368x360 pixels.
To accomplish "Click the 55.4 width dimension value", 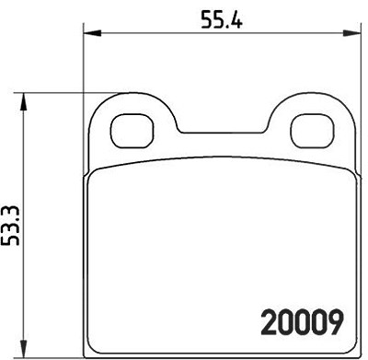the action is click(222, 19).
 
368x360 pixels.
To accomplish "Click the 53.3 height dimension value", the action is click(11, 226).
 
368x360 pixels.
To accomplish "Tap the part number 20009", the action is click(302, 322).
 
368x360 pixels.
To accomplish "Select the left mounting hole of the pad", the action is click(132, 132).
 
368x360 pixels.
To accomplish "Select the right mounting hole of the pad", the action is click(312, 131).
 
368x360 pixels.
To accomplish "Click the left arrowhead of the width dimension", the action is click(92, 33).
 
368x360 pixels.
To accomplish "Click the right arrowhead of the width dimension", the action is click(351, 33).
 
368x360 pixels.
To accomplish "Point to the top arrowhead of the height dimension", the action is click(23, 102).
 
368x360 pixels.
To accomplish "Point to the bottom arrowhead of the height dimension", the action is click(23, 349).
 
